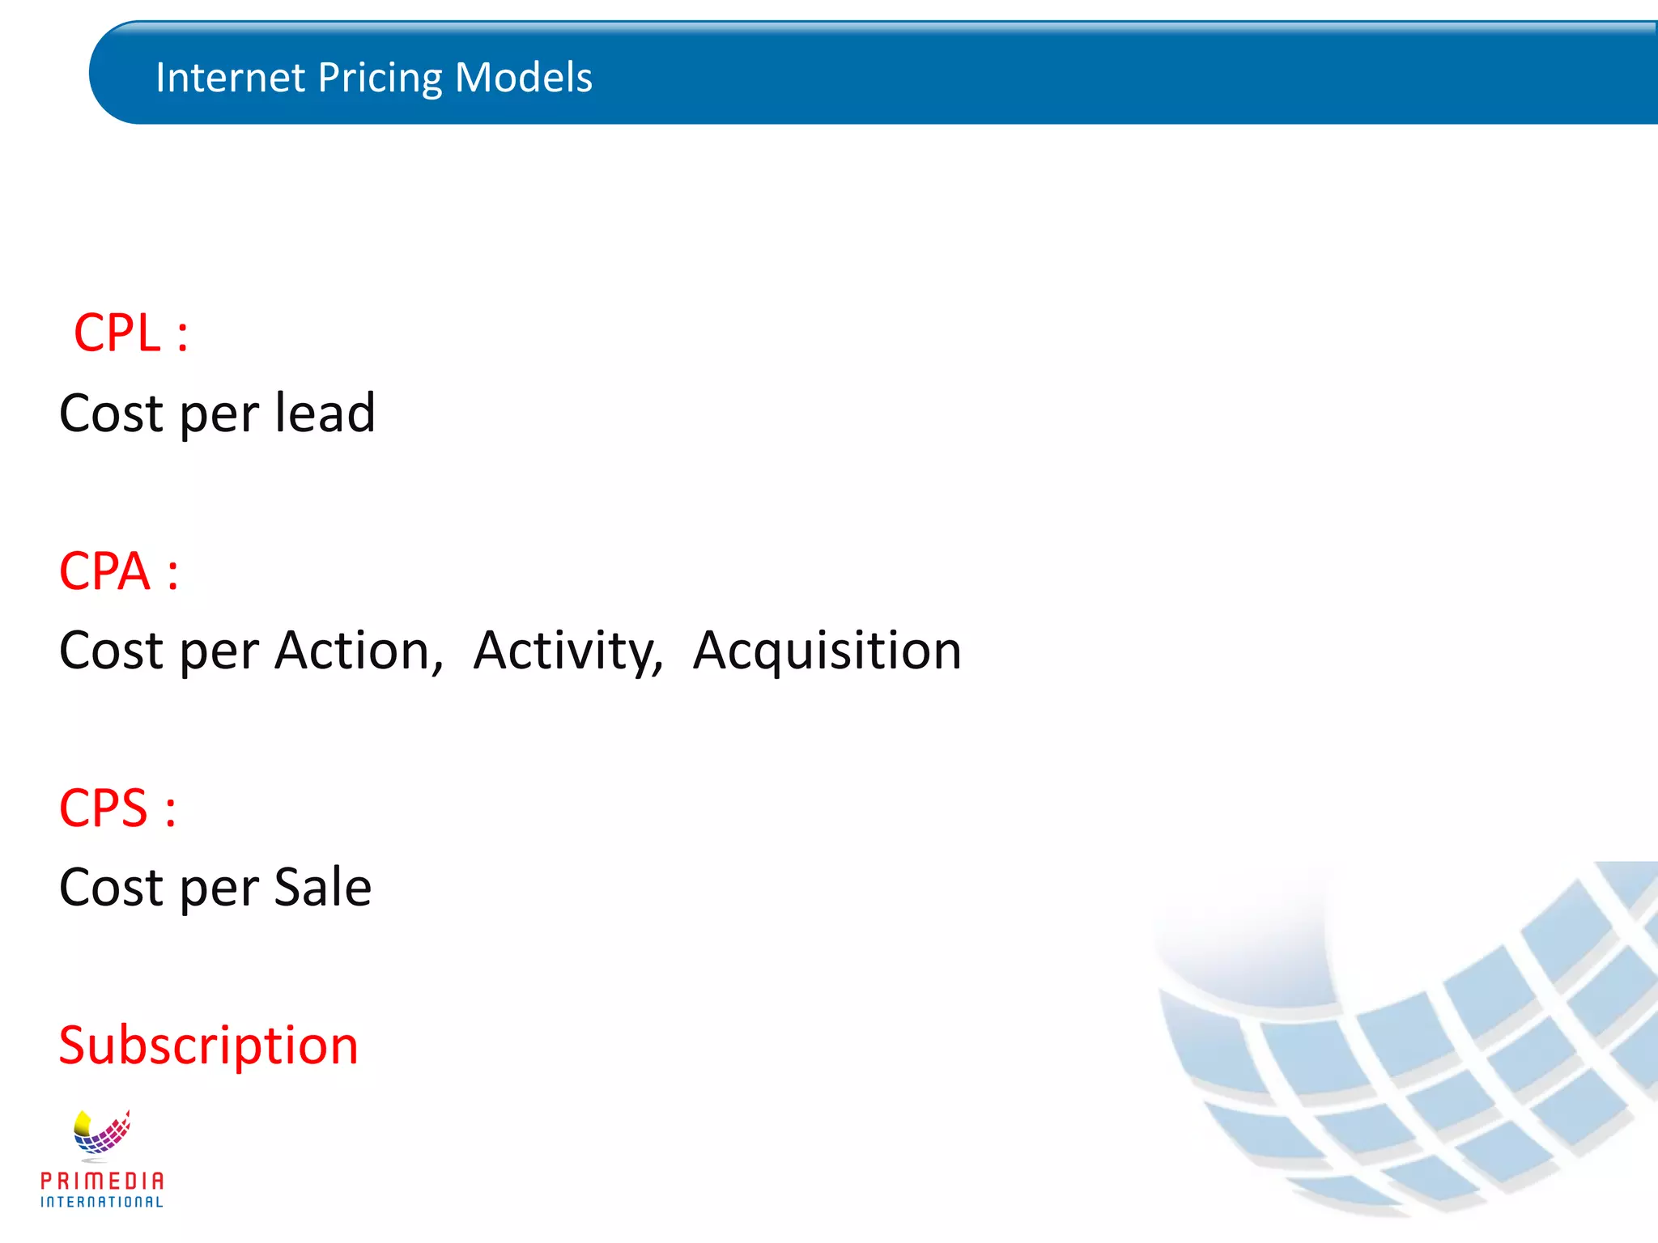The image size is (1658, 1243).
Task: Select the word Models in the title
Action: click(x=523, y=78)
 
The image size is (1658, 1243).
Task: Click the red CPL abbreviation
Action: click(x=117, y=333)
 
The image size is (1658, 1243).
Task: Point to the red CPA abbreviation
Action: click(x=104, y=571)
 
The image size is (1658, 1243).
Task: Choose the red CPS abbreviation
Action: click(x=103, y=808)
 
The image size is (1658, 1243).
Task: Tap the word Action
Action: click(x=359, y=651)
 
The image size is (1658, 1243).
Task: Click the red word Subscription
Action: click(x=209, y=1046)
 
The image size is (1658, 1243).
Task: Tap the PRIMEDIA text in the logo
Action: click(x=102, y=1181)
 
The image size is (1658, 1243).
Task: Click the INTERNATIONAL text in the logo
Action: click(x=102, y=1203)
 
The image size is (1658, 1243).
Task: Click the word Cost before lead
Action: click(x=112, y=413)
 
